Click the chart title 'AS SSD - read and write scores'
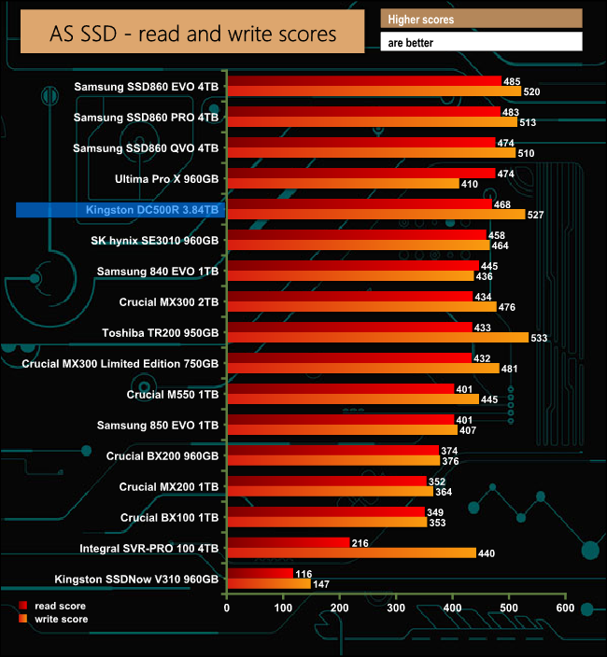coord(192,35)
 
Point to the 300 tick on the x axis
coord(396,608)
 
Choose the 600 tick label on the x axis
coord(564,608)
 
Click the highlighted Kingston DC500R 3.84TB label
coord(120,210)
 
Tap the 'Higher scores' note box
coord(481,19)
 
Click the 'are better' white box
coord(481,42)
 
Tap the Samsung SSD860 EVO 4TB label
coord(147,87)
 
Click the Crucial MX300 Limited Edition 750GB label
coord(120,364)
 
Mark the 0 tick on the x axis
coord(227,608)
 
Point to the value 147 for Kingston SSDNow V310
coord(323,584)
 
